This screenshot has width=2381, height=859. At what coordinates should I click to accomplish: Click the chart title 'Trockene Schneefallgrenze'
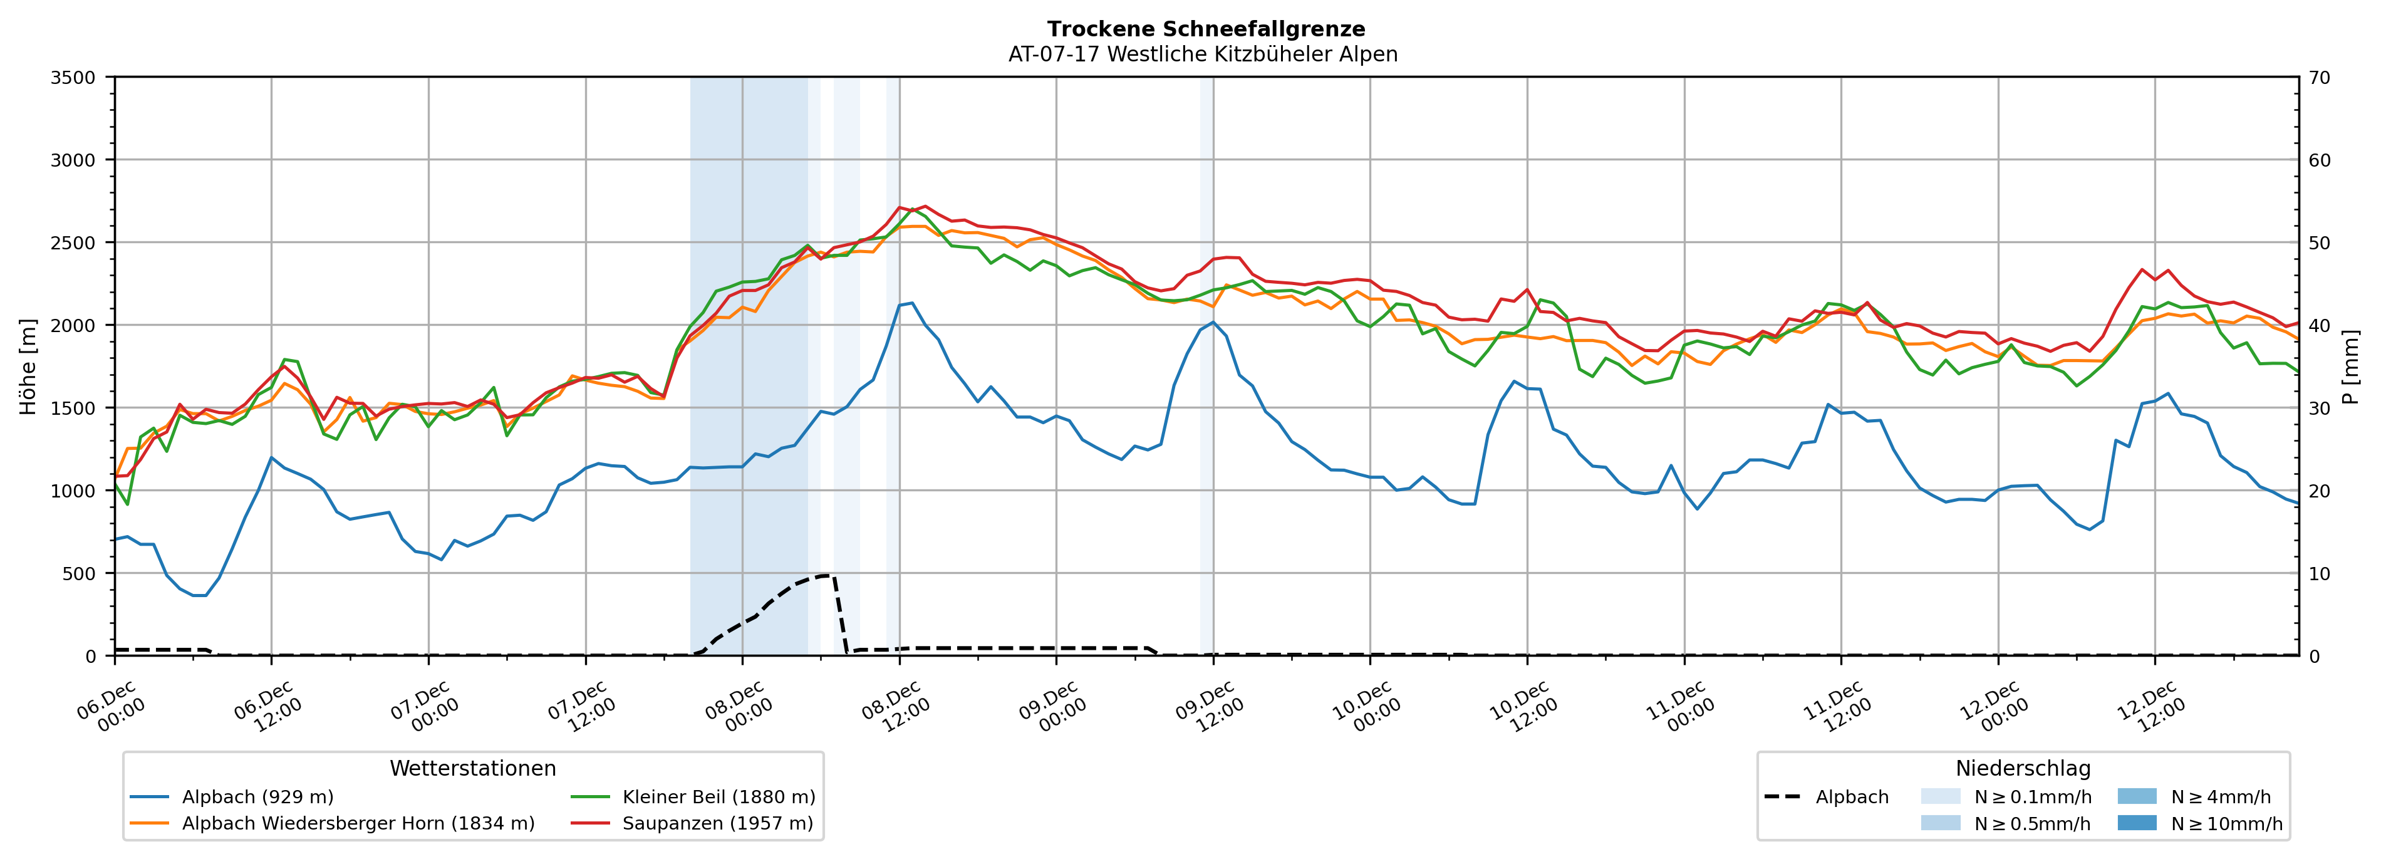tap(1205, 29)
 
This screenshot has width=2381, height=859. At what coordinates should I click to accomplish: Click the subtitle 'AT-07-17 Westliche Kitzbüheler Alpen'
tap(1203, 55)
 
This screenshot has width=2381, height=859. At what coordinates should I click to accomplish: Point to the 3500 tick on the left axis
tap(73, 78)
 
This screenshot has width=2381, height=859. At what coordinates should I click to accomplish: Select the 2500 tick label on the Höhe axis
tap(73, 243)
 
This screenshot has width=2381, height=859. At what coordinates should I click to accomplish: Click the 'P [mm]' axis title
tap(2350, 366)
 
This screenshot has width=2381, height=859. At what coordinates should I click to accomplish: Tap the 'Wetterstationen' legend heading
tap(472, 768)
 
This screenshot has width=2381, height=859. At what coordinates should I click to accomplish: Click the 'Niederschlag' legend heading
tap(2022, 768)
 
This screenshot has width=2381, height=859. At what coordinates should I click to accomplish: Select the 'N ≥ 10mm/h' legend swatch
tap(2136, 823)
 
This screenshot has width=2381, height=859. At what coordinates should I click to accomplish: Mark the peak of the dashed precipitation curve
tap(826, 575)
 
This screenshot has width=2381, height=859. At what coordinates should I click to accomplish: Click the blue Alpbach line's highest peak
tap(912, 303)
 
